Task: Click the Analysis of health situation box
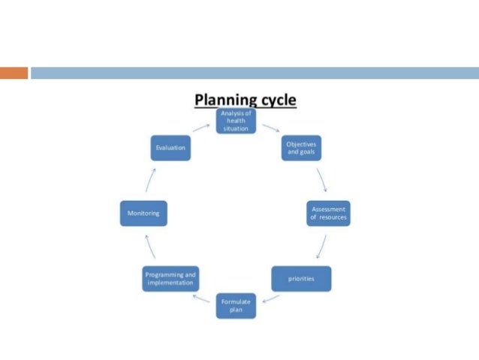(x=236, y=121)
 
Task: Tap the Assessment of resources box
(x=329, y=213)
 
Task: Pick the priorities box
(x=300, y=279)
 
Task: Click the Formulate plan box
(x=236, y=305)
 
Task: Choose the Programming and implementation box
(x=170, y=279)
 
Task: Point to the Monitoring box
(x=143, y=213)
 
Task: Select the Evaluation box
(x=170, y=147)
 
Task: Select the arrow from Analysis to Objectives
(x=271, y=129)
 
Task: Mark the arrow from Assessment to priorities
(x=321, y=247)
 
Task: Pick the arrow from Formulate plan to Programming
(x=202, y=298)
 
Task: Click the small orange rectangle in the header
(x=14, y=73)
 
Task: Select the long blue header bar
(x=255, y=73)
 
